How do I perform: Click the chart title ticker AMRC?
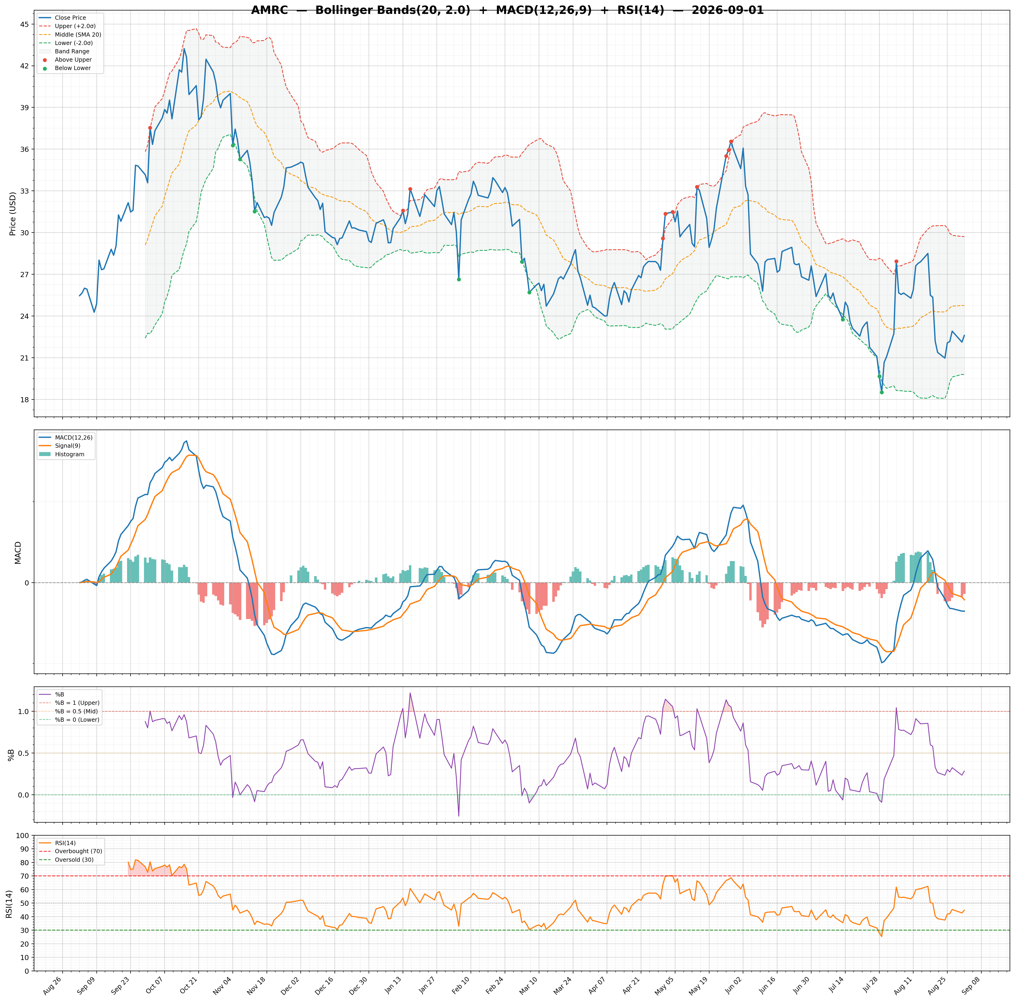[x=269, y=10]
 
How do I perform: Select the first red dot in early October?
[x=150, y=128]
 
